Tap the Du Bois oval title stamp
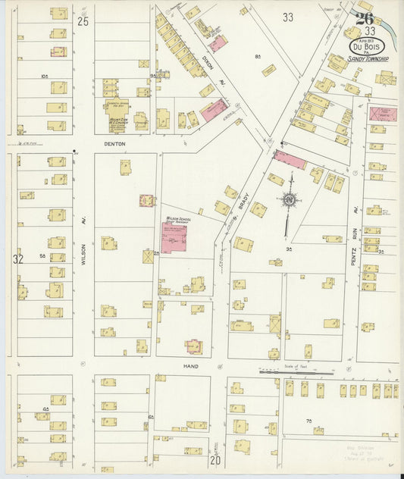tap(365, 47)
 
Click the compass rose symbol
tap(289, 200)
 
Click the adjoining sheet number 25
tap(83, 21)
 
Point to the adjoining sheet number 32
tap(18, 259)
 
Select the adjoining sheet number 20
tap(215, 460)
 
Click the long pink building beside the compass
tap(290, 160)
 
